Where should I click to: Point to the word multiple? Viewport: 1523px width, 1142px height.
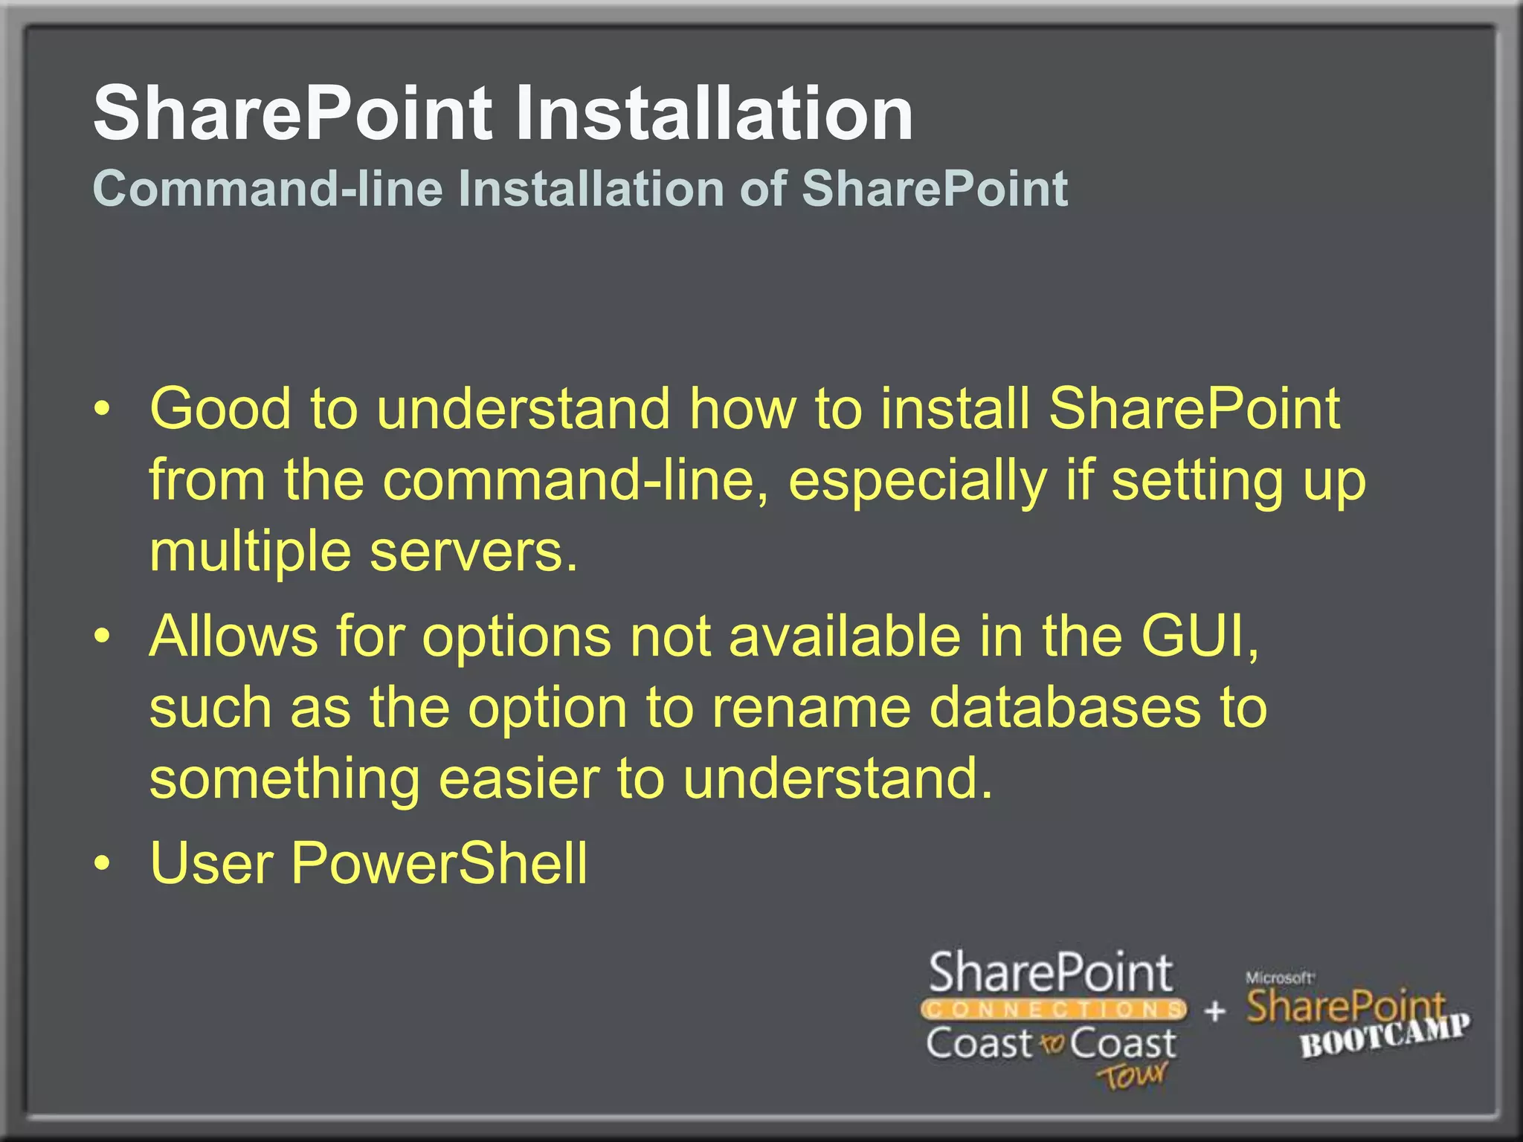(x=250, y=553)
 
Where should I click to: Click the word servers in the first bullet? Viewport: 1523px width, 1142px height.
(x=474, y=553)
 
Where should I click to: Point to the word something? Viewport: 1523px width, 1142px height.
(x=284, y=779)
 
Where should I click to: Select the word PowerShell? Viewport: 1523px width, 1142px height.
(x=439, y=862)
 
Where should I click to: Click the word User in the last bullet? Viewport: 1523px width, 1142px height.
(x=211, y=862)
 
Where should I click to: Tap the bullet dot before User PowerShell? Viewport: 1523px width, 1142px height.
(x=103, y=864)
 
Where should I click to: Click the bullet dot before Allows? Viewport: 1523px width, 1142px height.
(x=103, y=637)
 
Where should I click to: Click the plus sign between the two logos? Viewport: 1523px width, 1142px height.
(x=1214, y=1011)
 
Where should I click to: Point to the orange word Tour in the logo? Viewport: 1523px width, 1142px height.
(x=1132, y=1075)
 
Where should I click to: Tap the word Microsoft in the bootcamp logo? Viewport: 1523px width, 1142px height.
(x=1279, y=978)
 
